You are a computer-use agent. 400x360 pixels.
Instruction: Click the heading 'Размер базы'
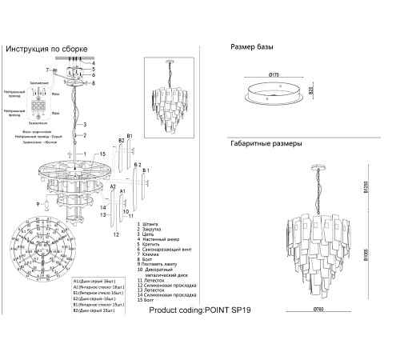click(x=256, y=47)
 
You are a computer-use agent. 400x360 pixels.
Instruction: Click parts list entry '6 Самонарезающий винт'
click(x=166, y=250)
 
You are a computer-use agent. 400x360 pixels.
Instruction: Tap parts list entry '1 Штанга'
click(x=151, y=224)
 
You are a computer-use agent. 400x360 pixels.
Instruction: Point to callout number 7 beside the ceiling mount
click(x=48, y=71)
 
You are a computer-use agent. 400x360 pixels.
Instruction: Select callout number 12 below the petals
click(x=117, y=234)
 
